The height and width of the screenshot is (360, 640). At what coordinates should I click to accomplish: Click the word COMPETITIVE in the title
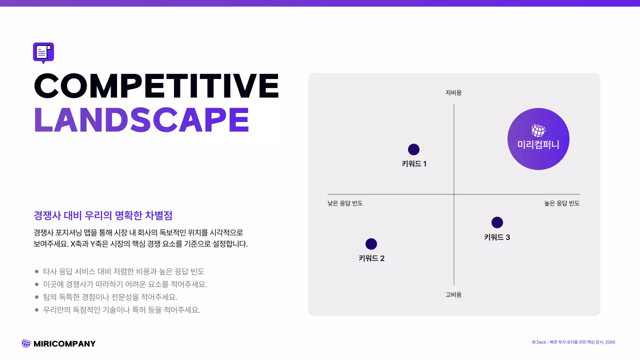tap(156, 85)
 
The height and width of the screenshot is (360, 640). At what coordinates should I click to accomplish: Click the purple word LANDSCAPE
tap(141, 119)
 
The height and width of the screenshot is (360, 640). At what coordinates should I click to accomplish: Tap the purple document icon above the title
tap(43, 52)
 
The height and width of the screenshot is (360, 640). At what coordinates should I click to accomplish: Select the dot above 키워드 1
tap(413, 149)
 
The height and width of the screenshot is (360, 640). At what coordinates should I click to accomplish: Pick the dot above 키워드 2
tap(371, 244)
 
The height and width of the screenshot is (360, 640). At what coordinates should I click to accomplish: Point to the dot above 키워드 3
tap(497, 222)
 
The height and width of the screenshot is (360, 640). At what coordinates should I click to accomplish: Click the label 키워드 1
tap(414, 163)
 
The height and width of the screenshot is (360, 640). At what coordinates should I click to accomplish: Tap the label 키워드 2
tap(371, 258)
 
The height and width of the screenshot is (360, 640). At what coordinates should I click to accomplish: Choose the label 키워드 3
tap(497, 237)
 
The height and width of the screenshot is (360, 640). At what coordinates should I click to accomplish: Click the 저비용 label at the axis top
tap(453, 93)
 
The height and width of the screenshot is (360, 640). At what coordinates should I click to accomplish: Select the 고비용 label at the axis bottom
tap(453, 295)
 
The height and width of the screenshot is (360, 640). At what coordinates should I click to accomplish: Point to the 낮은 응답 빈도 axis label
tap(345, 203)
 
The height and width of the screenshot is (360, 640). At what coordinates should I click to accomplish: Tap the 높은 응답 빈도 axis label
tap(562, 203)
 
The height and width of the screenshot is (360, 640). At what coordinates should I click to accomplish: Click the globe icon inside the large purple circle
tap(538, 130)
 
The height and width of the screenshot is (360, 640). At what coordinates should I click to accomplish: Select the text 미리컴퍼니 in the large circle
tap(538, 145)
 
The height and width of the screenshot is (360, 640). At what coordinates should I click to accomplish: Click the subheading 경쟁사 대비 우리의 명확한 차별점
tap(103, 215)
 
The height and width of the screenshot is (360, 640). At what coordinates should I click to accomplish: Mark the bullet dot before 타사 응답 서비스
tap(36, 271)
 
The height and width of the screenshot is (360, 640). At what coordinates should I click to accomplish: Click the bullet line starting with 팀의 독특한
tap(110, 297)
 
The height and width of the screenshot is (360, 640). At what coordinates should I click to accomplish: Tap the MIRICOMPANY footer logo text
tap(64, 343)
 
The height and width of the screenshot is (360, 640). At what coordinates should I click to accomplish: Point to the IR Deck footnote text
tap(573, 342)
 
